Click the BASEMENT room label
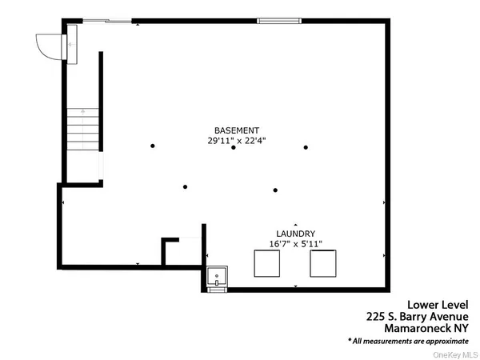point(236,130)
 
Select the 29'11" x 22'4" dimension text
point(236,140)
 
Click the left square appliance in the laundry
point(266,263)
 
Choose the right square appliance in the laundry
point(323,263)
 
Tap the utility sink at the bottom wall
point(217,278)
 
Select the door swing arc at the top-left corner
point(48,46)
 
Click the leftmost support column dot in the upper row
point(152,146)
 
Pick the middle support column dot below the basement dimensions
point(233,147)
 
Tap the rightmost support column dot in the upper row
point(305,147)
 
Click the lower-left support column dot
point(185,187)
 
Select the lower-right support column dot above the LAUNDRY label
point(275,190)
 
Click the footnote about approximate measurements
point(408,340)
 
